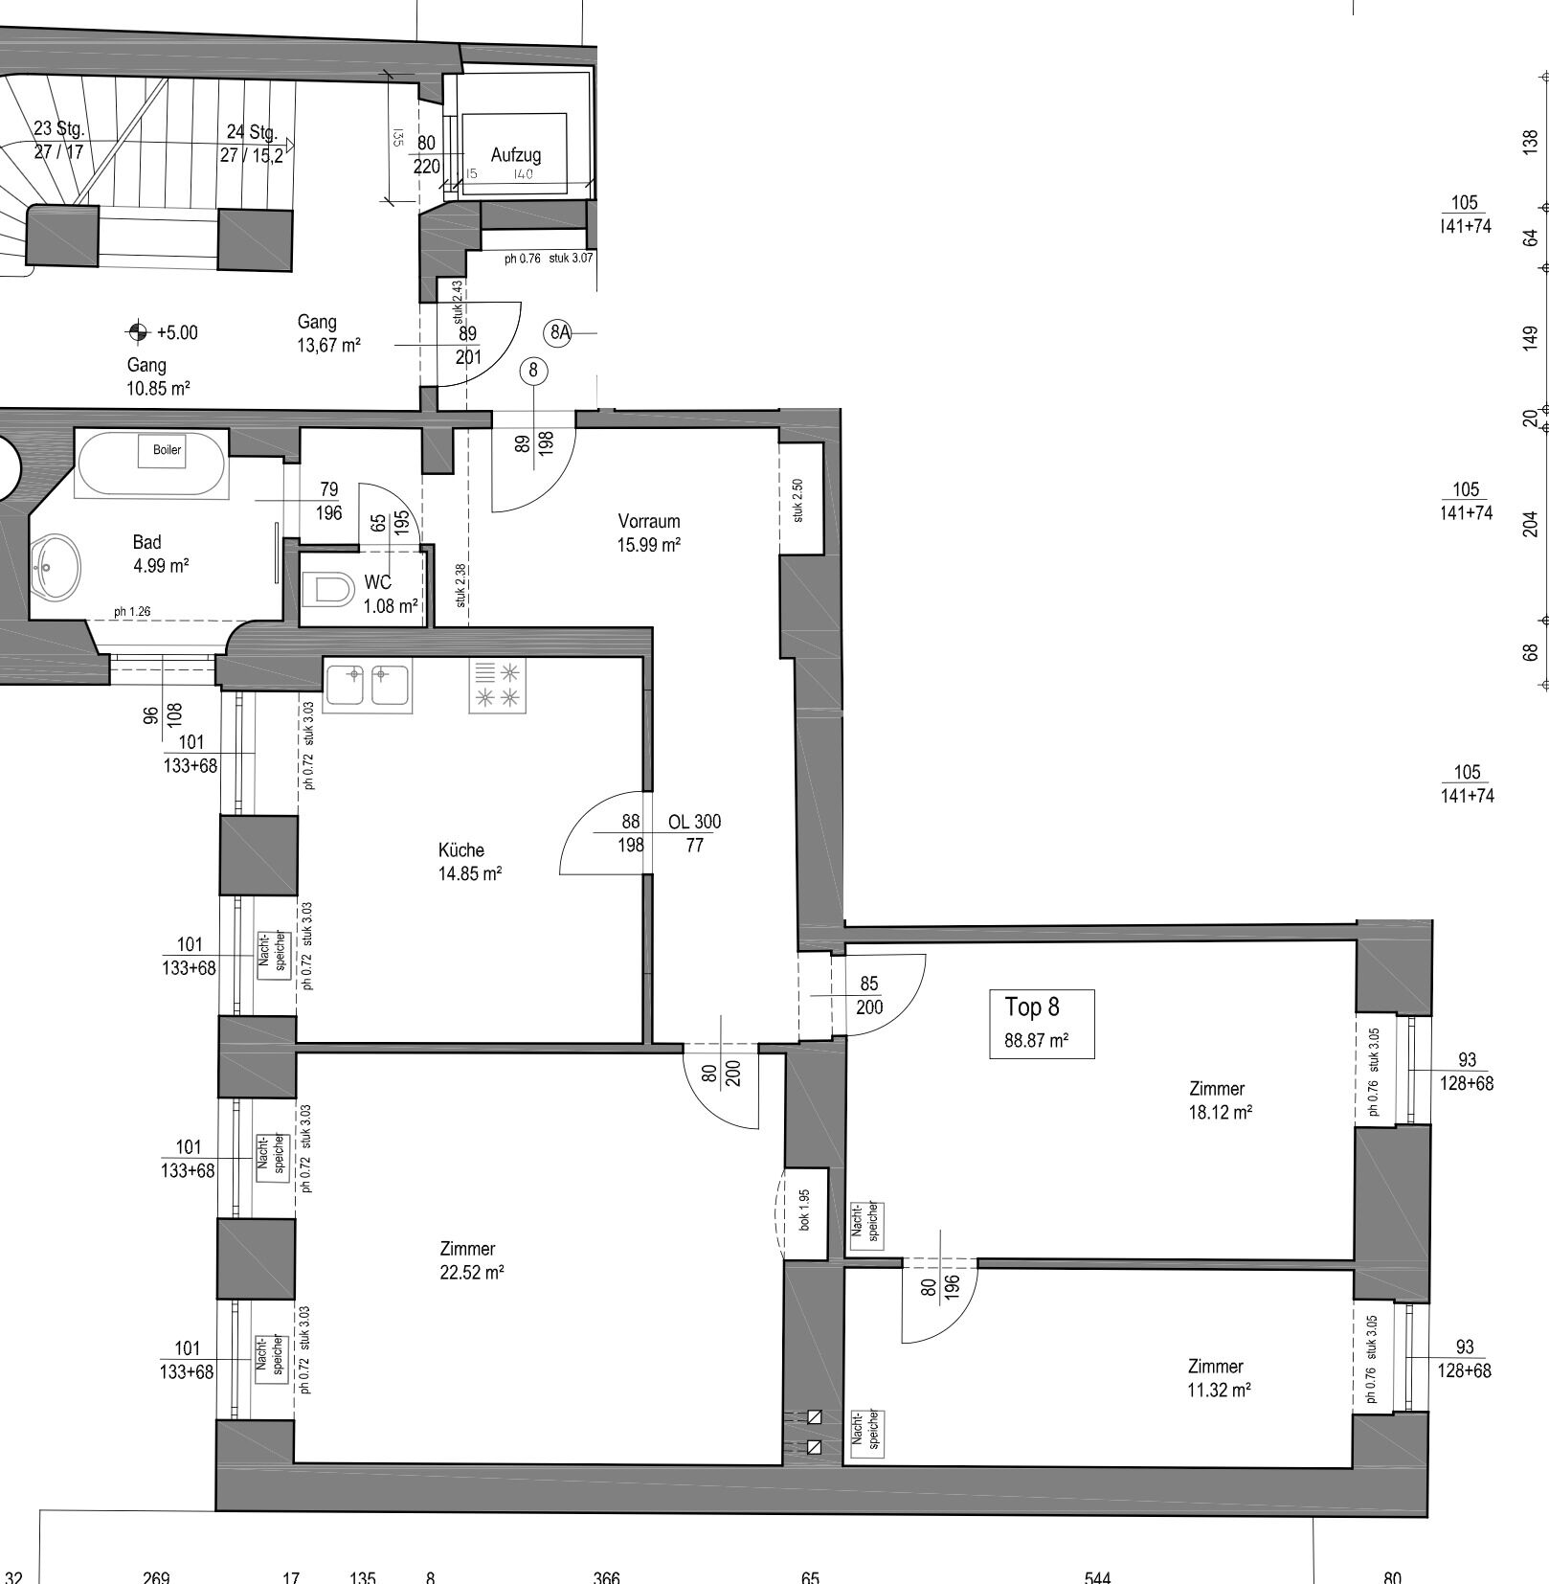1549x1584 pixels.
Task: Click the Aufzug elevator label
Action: point(515,154)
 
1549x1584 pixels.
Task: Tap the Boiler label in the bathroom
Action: point(167,449)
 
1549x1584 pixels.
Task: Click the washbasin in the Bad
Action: point(56,568)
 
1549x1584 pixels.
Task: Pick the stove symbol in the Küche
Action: point(498,685)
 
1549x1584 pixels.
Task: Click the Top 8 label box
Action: point(1042,1024)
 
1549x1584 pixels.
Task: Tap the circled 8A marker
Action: point(559,332)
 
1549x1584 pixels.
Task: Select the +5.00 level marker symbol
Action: point(138,331)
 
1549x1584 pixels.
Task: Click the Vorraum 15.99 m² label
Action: point(649,532)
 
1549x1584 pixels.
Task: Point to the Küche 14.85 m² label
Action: point(469,861)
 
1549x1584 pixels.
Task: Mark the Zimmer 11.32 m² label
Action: point(1219,1377)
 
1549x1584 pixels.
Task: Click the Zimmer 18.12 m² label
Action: point(1220,1099)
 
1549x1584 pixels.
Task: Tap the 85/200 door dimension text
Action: point(869,995)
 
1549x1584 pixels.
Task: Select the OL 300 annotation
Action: point(695,821)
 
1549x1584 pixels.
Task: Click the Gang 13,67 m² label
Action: point(328,333)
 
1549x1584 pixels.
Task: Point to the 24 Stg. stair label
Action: point(252,132)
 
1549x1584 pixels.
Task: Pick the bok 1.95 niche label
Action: point(804,1211)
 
